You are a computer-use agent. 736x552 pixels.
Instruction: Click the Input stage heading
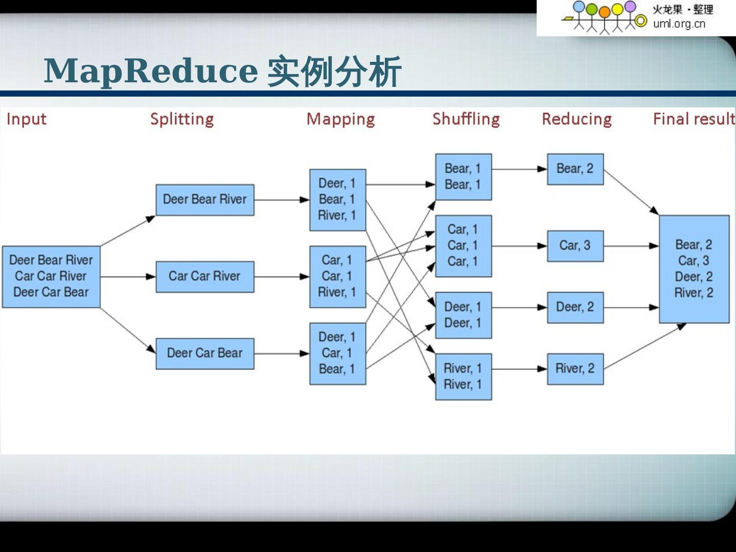[x=26, y=119]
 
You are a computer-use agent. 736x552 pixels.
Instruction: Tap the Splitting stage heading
[x=182, y=119]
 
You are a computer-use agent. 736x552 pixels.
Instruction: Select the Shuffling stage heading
[x=466, y=119]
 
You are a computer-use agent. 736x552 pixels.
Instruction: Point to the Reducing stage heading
[x=577, y=119]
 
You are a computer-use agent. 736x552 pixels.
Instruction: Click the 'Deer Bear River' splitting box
[x=204, y=199]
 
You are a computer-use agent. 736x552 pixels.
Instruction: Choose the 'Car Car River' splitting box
[x=204, y=277]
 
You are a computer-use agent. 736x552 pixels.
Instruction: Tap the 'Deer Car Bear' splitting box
[x=204, y=353]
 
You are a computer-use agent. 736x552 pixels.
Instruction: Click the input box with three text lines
[x=51, y=277]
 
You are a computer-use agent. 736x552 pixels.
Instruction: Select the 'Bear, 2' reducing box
[x=575, y=169]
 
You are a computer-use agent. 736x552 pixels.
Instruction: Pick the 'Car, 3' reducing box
[x=575, y=246]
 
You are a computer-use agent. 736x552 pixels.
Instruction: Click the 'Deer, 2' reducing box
[x=575, y=307]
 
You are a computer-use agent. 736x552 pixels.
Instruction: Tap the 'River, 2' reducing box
[x=575, y=369]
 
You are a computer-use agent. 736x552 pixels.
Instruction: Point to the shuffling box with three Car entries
[x=463, y=246]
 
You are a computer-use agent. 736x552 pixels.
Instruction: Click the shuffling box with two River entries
[x=463, y=376]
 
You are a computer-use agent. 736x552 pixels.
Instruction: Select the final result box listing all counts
[x=694, y=269]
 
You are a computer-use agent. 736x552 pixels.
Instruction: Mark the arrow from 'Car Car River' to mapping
[x=281, y=277]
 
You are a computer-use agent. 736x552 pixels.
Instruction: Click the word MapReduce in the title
[x=151, y=71]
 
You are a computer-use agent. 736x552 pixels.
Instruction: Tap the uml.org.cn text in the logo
[x=679, y=24]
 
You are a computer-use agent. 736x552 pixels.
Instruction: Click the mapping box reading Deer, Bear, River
[x=337, y=199]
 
